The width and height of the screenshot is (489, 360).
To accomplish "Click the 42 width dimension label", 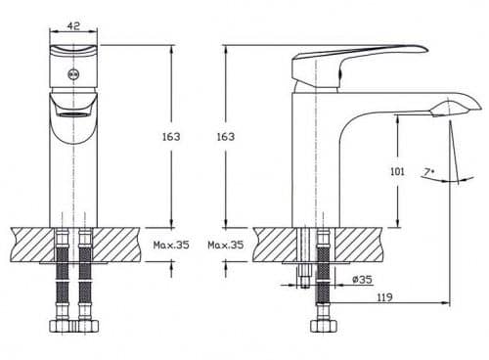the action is pos(74,25).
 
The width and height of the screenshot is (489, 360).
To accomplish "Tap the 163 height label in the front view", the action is pos(171,137).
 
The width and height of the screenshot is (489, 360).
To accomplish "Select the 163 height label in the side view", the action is pos(226,137).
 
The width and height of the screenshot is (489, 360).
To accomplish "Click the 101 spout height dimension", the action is pos(397,171).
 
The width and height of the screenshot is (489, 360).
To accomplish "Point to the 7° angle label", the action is pos(428,172).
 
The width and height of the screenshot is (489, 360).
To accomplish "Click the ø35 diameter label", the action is pos(362,280).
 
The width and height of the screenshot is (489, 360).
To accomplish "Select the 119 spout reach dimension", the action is pos(384,297).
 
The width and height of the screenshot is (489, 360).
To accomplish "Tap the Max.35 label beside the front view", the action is pos(171,245).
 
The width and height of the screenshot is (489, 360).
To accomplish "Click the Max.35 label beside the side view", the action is pos(226,245).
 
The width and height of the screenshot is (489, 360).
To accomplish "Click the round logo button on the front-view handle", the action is pos(73,74).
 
